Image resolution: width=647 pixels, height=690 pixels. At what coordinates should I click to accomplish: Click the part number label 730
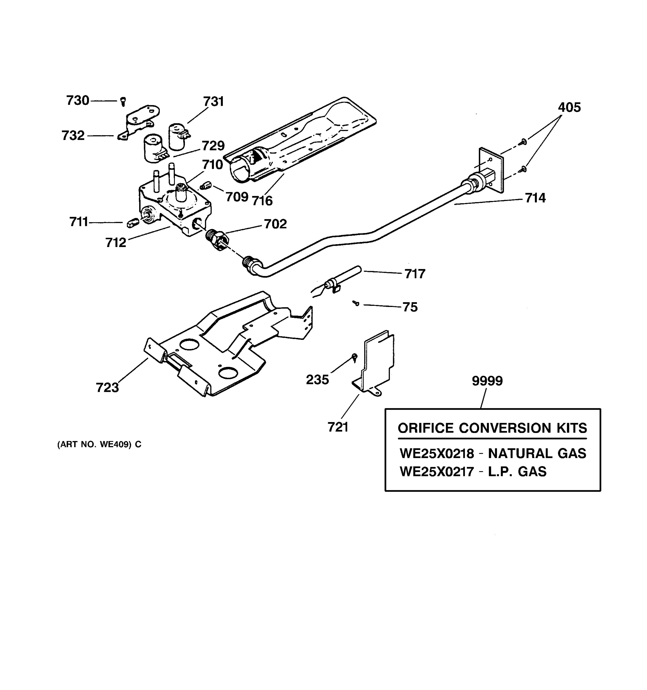point(78,101)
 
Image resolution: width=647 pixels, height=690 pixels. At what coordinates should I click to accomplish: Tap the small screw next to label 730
point(123,101)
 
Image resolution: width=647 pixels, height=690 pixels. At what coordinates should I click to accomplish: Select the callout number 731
point(213,102)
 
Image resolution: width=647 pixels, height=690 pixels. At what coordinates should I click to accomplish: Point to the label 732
point(73,136)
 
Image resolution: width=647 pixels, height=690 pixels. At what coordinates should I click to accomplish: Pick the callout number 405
point(569,108)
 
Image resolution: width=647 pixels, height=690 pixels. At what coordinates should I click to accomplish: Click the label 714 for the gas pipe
point(535,198)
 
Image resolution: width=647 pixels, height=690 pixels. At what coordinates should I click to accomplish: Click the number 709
point(237,197)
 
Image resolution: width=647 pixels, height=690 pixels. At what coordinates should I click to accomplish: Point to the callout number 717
point(415,274)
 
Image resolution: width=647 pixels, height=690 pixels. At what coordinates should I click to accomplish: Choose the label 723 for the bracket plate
point(107,388)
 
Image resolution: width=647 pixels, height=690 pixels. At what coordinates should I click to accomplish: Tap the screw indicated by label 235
point(354,357)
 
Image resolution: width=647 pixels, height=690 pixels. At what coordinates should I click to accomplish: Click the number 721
point(338,427)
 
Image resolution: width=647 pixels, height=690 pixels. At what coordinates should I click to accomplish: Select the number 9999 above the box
point(487,381)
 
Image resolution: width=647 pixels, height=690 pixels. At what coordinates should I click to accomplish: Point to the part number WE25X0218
point(437,454)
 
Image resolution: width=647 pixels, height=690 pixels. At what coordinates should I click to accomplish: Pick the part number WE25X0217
point(437,472)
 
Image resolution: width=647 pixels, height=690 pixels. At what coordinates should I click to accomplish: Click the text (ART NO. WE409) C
point(99,444)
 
